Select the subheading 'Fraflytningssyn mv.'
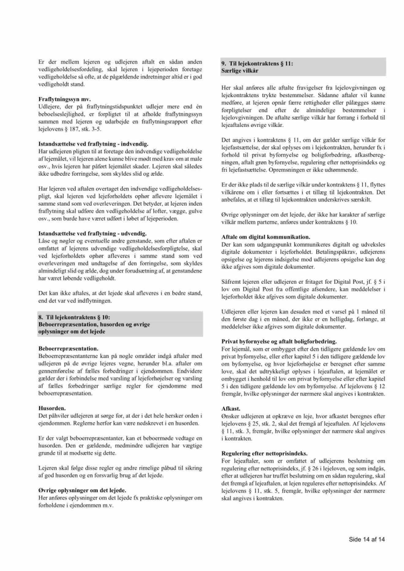65,99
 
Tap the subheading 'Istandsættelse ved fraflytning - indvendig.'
93,144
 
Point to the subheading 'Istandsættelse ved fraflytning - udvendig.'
92,234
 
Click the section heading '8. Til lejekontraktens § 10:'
74,317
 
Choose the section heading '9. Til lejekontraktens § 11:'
257,64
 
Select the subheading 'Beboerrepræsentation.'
68,348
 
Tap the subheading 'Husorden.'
52,408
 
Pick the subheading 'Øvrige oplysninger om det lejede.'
82,490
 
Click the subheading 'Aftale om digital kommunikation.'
266,237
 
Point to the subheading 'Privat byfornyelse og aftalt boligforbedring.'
279,341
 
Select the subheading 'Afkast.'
231,409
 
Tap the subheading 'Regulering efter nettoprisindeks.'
264,453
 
